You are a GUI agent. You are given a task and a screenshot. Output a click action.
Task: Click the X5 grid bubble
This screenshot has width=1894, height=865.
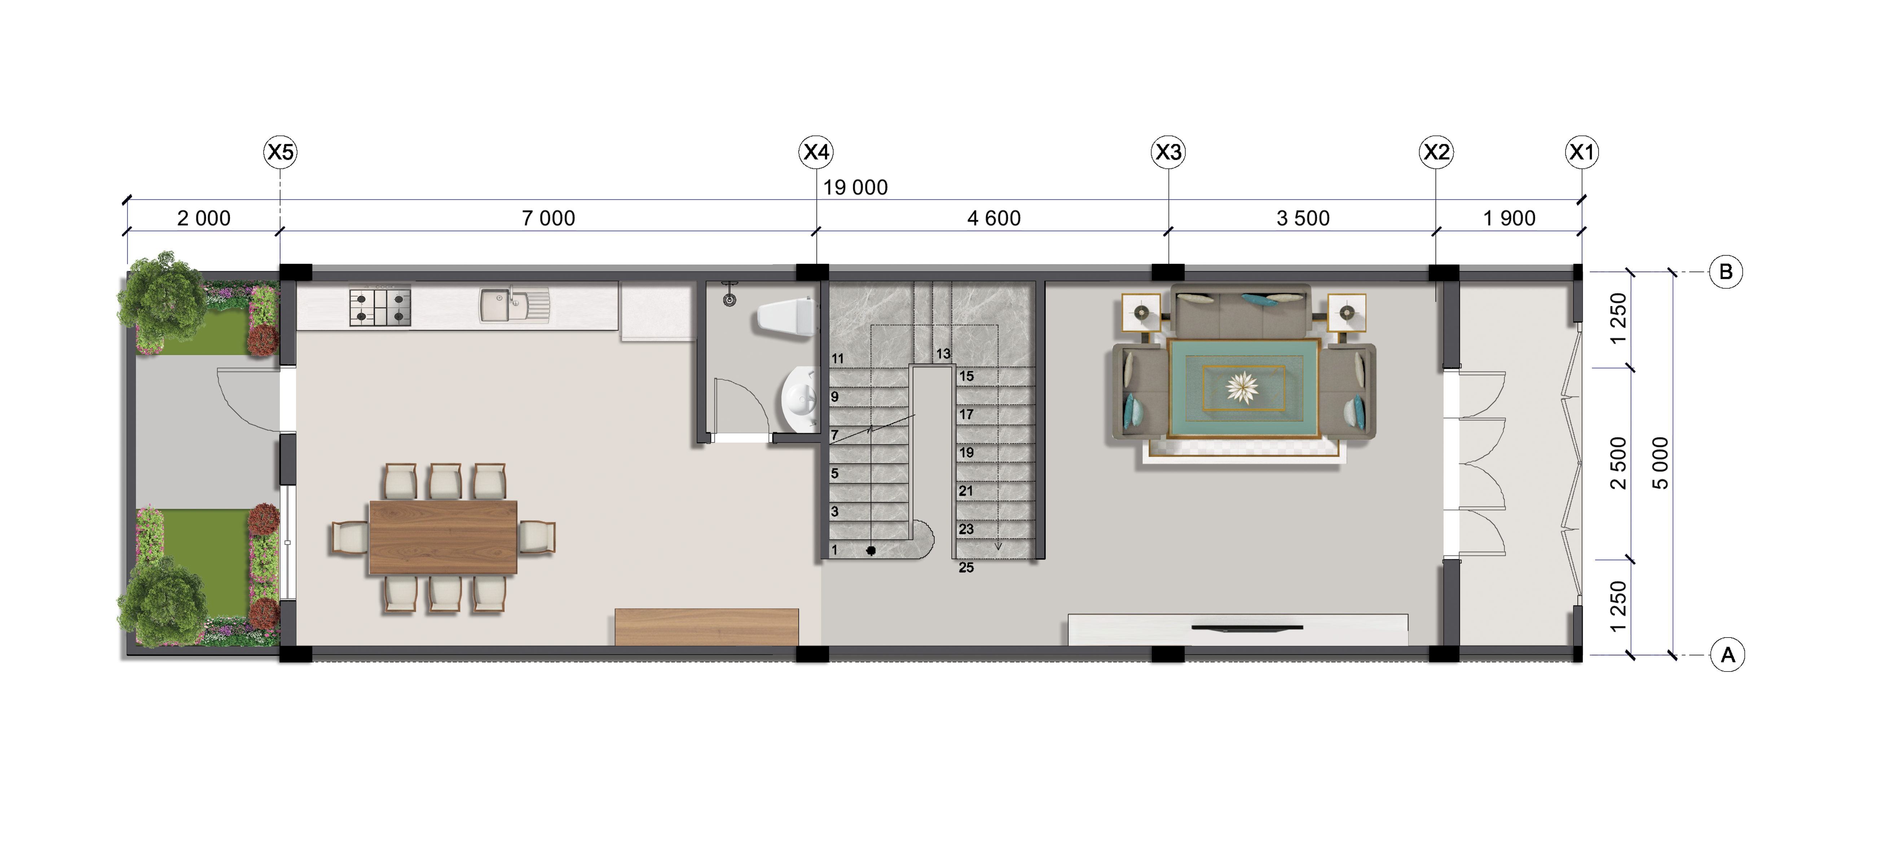click(280, 152)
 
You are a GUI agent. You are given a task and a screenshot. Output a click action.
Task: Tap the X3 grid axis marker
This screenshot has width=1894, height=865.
click(1168, 152)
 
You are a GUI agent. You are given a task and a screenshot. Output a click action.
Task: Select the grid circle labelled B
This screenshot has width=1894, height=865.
click(1726, 272)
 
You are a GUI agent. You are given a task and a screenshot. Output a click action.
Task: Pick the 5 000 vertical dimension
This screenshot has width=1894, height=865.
click(1660, 463)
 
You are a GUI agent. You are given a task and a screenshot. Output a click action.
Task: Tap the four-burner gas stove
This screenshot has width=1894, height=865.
click(380, 307)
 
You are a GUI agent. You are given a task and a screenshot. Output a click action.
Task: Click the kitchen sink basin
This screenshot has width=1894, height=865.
click(515, 306)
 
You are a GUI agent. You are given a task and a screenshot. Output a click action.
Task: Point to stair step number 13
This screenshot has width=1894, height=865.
click(943, 354)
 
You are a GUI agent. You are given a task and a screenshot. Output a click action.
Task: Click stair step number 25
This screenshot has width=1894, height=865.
click(966, 567)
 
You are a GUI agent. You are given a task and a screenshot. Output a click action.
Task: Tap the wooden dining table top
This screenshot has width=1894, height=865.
click(443, 537)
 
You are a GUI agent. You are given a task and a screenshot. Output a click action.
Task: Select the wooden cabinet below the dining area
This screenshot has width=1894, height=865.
click(706, 627)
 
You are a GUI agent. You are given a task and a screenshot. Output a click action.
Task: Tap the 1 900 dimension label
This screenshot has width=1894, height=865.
click(1509, 218)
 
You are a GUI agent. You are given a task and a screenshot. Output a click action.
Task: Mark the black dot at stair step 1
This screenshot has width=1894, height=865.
click(871, 550)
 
